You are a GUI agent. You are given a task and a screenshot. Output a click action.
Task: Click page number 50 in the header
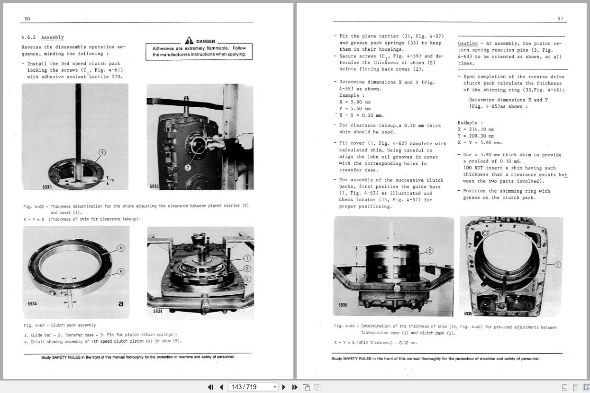pos(27,19)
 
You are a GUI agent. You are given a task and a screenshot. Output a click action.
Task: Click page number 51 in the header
pos(560,19)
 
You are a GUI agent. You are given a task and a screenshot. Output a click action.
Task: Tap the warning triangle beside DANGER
pos(189,41)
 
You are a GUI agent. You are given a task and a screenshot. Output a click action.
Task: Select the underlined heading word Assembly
pos(52,37)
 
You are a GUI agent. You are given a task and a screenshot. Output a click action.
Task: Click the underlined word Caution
pos(468,43)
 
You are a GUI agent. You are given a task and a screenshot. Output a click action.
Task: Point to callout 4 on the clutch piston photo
pos(121,248)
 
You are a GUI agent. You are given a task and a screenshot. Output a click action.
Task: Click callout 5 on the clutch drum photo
pos(121,271)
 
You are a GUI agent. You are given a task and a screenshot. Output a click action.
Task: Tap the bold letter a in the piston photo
pos(121,304)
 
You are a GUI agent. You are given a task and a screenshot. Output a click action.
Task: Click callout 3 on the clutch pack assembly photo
pos(247,268)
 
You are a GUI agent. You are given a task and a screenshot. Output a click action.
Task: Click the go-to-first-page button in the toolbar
pos(210,387)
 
